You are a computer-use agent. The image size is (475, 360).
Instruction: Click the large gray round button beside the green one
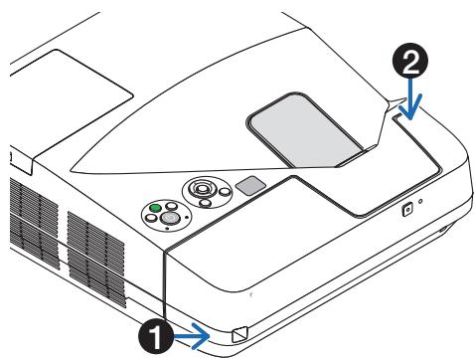(x=170, y=218)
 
